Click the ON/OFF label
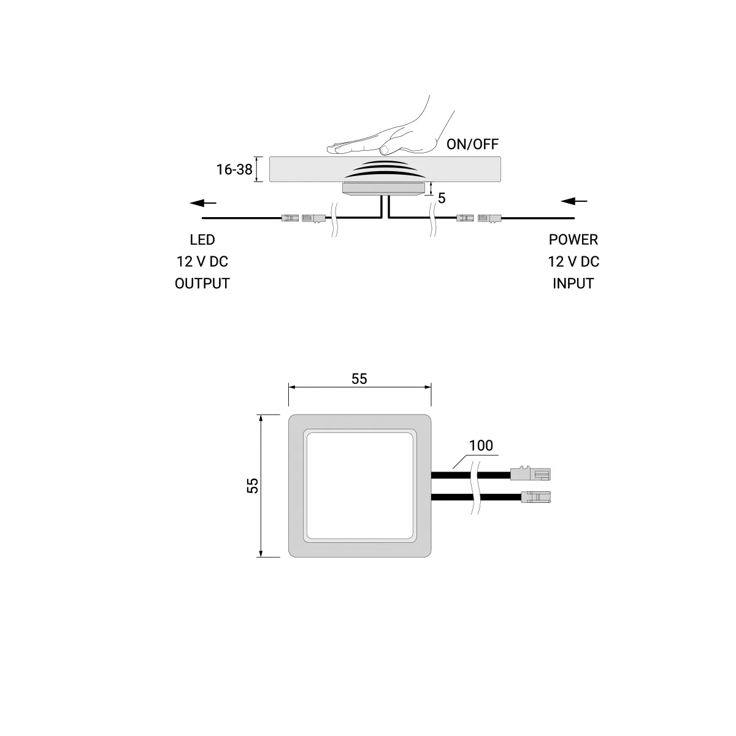[x=472, y=144]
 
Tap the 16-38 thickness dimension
[x=234, y=169]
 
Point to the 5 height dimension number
[x=442, y=198]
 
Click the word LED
[x=202, y=240]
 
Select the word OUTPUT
[x=202, y=283]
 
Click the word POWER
[x=573, y=240]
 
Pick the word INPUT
[x=573, y=283]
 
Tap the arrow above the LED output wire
[x=203, y=203]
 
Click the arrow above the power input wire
[x=573, y=201]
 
